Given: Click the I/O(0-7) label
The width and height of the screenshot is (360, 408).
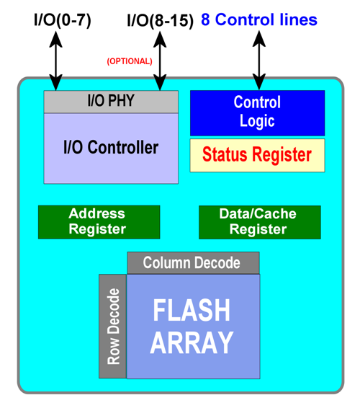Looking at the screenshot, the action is point(63,20).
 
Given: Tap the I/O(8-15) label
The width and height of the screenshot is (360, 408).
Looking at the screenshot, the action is point(160,20).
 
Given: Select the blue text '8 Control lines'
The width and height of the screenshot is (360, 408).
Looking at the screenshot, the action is point(259,19).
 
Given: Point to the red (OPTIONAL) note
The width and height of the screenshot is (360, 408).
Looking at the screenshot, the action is point(130,61).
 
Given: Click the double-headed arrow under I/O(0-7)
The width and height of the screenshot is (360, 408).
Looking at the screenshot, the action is point(55,61).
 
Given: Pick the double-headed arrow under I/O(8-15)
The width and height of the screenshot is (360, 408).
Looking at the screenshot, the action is point(160,61).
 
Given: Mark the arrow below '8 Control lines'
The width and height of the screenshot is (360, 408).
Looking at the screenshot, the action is point(259,61).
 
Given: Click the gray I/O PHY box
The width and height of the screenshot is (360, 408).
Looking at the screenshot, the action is point(111,102).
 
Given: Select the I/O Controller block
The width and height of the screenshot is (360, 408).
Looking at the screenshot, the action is point(111,148).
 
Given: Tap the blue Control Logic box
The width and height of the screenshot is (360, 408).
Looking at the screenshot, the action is point(257,113).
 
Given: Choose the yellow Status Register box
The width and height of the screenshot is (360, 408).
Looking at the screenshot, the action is point(257,155).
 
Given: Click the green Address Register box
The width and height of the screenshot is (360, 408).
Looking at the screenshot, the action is point(99,222).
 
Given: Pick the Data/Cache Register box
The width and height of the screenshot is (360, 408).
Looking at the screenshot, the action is point(260,222).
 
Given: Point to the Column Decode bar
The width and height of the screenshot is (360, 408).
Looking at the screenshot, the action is point(194,263).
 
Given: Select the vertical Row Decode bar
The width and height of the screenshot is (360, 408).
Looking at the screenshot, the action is point(113,326).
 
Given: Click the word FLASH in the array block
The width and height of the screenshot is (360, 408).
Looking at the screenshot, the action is point(192,311).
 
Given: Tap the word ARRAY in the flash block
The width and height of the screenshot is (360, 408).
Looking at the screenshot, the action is point(192,342).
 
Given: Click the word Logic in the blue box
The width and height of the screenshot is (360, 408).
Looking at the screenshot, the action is point(257,121).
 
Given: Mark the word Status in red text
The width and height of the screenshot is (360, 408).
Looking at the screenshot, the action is point(225,154).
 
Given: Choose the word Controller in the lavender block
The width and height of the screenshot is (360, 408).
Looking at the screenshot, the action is point(123,147).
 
